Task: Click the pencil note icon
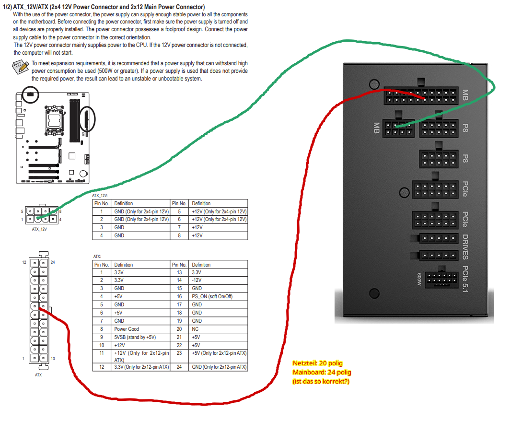pyautogui.click(x=20, y=67)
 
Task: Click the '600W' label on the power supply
pyautogui.click(x=419, y=279)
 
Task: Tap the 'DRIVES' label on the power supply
pyautogui.click(x=465, y=247)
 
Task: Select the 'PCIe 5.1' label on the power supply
pyautogui.click(x=465, y=279)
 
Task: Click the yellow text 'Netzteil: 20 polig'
pyautogui.click(x=317, y=363)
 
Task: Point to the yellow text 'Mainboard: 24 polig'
pyautogui.click(x=322, y=372)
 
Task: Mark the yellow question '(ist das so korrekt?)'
pyautogui.click(x=321, y=381)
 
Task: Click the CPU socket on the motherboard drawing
pyautogui.click(x=54, y=120)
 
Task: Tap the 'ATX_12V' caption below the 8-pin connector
pyautogui.click(x=39, y=229)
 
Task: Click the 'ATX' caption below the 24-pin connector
pyautogui.click(x=38, y=375)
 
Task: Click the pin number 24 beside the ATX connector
pyautogui.click(x=53, y=262)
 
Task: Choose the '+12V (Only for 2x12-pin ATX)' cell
pyautogui.click(x=140, y=356)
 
